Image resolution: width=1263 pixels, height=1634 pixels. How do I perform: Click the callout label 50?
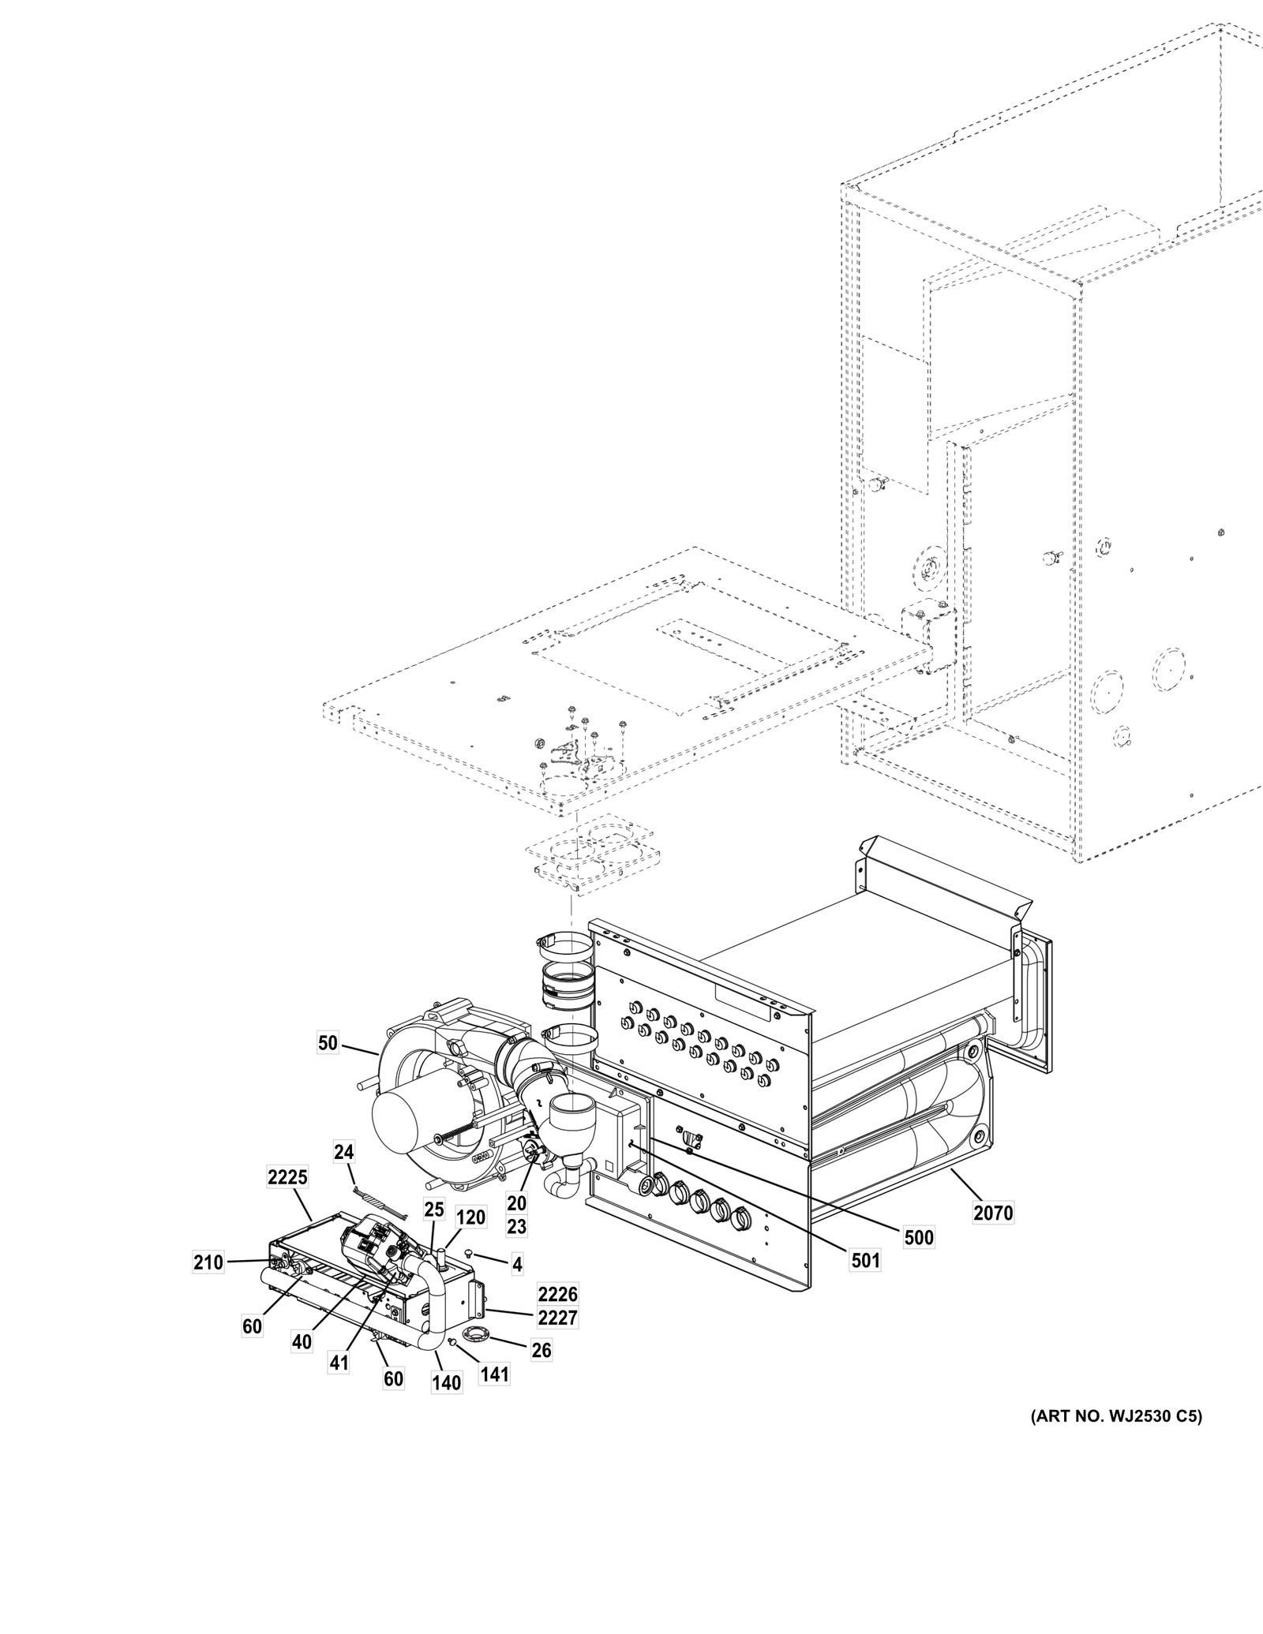click(328, 1043)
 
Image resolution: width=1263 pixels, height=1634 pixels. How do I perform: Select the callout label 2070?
click(992, 1213)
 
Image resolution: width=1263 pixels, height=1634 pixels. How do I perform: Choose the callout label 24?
click(343, 1153)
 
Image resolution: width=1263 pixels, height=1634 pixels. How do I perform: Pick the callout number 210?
click(208, 1263)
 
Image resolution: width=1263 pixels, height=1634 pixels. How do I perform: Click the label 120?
click(470, 1240)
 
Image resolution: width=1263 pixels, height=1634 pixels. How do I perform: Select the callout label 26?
click(541, 1350)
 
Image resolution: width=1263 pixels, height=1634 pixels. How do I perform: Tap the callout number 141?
click(495, 1374)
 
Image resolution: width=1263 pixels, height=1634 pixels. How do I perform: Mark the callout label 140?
click(447, 1383)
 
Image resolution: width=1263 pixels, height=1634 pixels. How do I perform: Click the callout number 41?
click(339, 1363)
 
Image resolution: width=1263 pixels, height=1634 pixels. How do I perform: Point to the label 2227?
click(558, 1318)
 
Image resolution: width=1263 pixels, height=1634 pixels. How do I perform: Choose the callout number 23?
click(516, 1249)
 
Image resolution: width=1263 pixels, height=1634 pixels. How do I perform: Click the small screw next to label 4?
click(470, 1253)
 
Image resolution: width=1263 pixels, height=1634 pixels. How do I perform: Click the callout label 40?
click(302, 1341)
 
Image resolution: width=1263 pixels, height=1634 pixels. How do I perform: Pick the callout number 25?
click(434, 1208)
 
